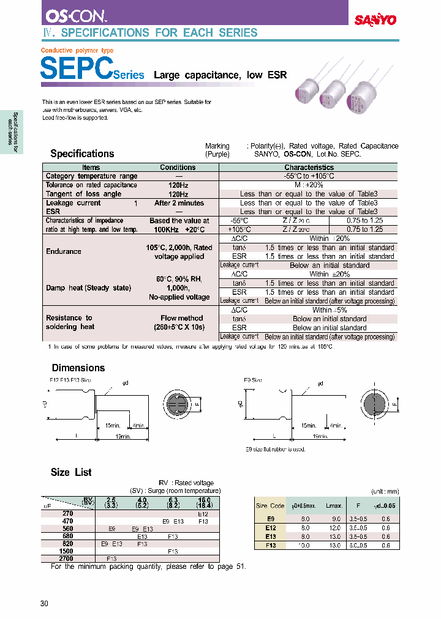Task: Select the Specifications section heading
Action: tap(82, 154)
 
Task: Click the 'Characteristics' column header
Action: tap(309, 167)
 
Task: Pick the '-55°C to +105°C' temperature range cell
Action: tap(309, 176)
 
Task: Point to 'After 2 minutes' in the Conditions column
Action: tap(179, 202)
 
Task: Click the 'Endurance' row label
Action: tap(64, 251)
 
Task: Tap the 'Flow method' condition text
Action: tap(182, 318)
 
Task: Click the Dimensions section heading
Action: tap(78, 368)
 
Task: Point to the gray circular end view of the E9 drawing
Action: tap(374, 405)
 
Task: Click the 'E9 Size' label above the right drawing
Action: tap(252, 380)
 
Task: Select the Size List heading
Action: tap(70, 472)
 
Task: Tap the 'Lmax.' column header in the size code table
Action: tap(334, 506)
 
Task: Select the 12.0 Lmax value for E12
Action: tap(334, 528)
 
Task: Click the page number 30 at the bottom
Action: tap(44, 604)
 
